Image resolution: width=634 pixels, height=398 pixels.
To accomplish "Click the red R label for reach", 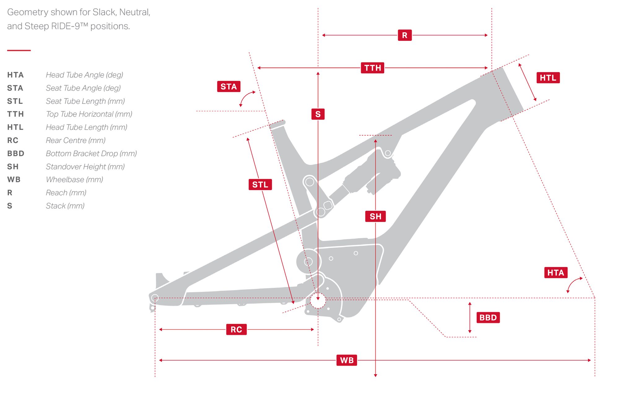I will pos(405,35).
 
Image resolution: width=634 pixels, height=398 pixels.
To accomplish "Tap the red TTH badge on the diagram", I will pos(372,68).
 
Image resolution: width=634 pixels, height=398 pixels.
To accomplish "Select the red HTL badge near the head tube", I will pos(548,78).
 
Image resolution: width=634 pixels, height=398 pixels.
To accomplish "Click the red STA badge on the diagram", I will pos(229,87).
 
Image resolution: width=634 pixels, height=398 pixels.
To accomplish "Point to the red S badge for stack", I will pos(318,114).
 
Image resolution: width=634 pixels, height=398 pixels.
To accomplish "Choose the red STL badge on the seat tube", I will pos(260,185).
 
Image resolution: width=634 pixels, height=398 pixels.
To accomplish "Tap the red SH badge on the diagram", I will pos(376,216).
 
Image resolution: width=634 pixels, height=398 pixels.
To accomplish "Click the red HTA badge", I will pos(556,273).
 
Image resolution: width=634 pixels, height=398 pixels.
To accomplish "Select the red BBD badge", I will pos(488,318).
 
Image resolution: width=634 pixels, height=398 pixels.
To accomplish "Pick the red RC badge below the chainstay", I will pos(236,330).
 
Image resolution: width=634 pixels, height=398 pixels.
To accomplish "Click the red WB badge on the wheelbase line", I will pos(347,360).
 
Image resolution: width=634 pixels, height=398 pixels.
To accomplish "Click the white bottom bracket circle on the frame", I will pos(318,301).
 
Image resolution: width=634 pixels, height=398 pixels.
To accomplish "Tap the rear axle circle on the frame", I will pos(155,298).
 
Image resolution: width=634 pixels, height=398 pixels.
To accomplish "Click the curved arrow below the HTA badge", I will pos(573,284).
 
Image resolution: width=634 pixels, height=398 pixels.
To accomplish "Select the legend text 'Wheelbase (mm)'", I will pos(74,180).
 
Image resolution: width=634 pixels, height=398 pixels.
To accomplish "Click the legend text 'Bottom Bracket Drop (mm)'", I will pos(91,154).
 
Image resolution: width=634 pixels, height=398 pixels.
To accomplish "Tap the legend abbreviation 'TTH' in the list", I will pos(15,114).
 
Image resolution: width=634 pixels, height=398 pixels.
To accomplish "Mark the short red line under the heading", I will pos(19,50).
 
